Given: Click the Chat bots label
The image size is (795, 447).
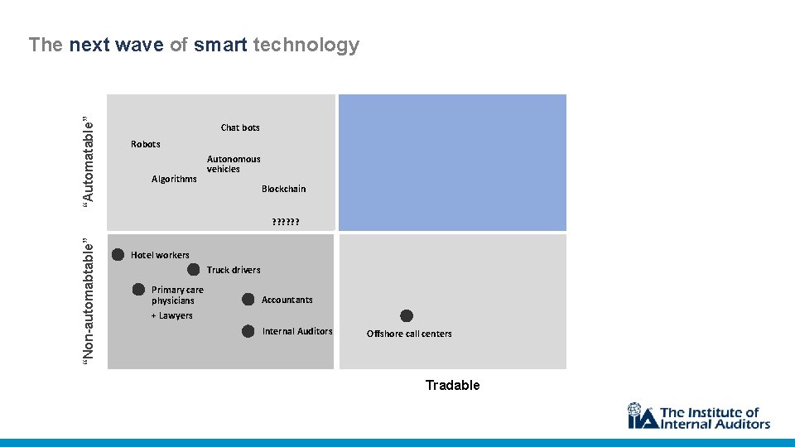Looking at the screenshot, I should [x=240, y=127].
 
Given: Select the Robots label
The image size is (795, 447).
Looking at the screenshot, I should [x=146, y=144].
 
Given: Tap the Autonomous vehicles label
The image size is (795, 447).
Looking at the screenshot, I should [x=233, y=164].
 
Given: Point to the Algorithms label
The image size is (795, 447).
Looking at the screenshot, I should [x=174, y=179].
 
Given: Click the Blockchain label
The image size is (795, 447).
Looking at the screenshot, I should [x=283, y=189].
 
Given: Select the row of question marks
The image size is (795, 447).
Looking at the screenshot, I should [x=285, y=222].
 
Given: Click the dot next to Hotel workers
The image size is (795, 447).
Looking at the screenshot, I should [x=118, y=254].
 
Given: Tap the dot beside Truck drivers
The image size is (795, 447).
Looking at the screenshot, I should [x=193, y=269].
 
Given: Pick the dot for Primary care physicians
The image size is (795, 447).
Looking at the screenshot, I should [x=139, y=289].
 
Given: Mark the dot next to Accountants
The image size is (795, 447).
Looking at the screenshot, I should [x=248, y=299].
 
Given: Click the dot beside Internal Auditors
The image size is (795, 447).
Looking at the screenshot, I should [x=248, y=331].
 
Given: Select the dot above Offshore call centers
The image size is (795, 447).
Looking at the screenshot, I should [x=406, y=315].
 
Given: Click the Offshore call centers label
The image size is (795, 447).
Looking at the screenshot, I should [x=409, y=334].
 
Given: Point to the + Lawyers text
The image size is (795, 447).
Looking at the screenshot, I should [x=171, y=315].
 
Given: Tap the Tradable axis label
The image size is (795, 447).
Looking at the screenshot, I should [x=452, y=385].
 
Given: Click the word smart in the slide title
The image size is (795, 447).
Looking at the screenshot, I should [x=220, y=45].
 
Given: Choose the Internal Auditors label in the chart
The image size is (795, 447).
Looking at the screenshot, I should [x=297, y=331].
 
